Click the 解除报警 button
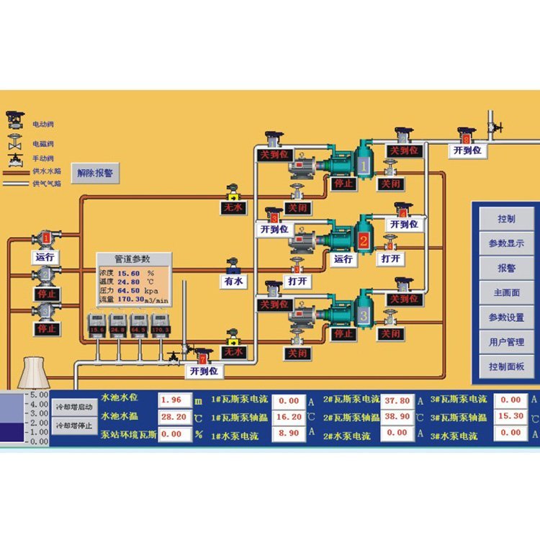pos(95,173)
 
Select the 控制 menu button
pos(506,218)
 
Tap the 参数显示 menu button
pos(506,243)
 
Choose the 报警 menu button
pos(506,268)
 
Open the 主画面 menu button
pos(506,293)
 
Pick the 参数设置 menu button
pos(506,318)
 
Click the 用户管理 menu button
pos(506,342)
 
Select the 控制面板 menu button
pos(506,366)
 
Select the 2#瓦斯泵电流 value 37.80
pos(397,400)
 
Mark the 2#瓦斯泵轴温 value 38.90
pos(397,417)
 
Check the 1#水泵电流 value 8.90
pos(288,433)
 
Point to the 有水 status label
pos(233,282)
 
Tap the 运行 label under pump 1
pos(45,256)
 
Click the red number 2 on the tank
pos(364,241)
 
